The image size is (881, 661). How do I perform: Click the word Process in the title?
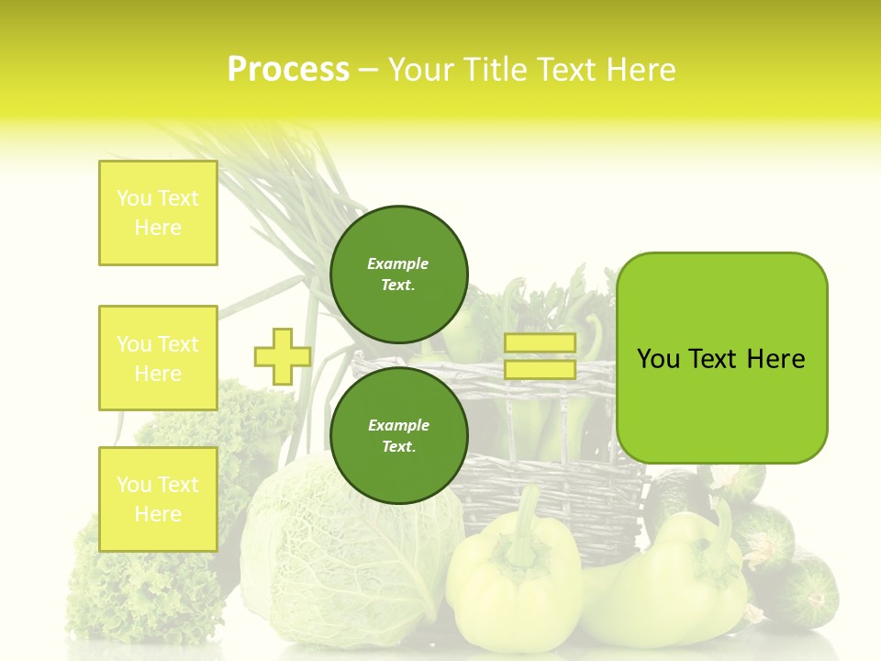288,70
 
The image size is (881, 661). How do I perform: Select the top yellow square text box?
158,213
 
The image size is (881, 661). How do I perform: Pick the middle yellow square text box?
158,358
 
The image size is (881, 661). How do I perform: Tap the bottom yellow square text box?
158,499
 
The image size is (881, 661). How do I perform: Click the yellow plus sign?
282,356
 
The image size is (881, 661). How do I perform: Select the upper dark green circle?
398,274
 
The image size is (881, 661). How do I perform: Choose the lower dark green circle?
398,436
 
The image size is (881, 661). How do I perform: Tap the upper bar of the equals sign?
540,343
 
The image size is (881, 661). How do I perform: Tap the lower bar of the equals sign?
540,370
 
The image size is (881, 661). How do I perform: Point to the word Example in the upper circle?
397,263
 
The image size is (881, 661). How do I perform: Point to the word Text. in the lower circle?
398,447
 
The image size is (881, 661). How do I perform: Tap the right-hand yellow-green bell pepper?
679,578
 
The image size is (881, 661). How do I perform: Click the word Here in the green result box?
776,359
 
